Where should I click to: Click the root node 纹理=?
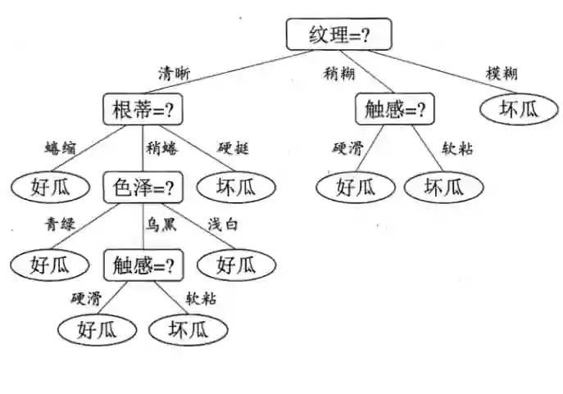point(338,34)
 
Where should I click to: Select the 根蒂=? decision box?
point(143,109)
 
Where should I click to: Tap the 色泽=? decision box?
point(143,187)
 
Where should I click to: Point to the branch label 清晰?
point(175,72)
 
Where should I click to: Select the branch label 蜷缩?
point(59,148)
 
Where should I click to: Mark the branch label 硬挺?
point(233,148)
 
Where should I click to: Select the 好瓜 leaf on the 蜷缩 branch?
point(51,187)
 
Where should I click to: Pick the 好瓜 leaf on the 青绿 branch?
point(51,265)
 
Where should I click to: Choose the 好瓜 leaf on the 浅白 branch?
point(237,265)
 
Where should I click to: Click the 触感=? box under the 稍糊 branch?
point(394,109)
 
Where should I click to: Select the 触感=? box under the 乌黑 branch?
point(143,265)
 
